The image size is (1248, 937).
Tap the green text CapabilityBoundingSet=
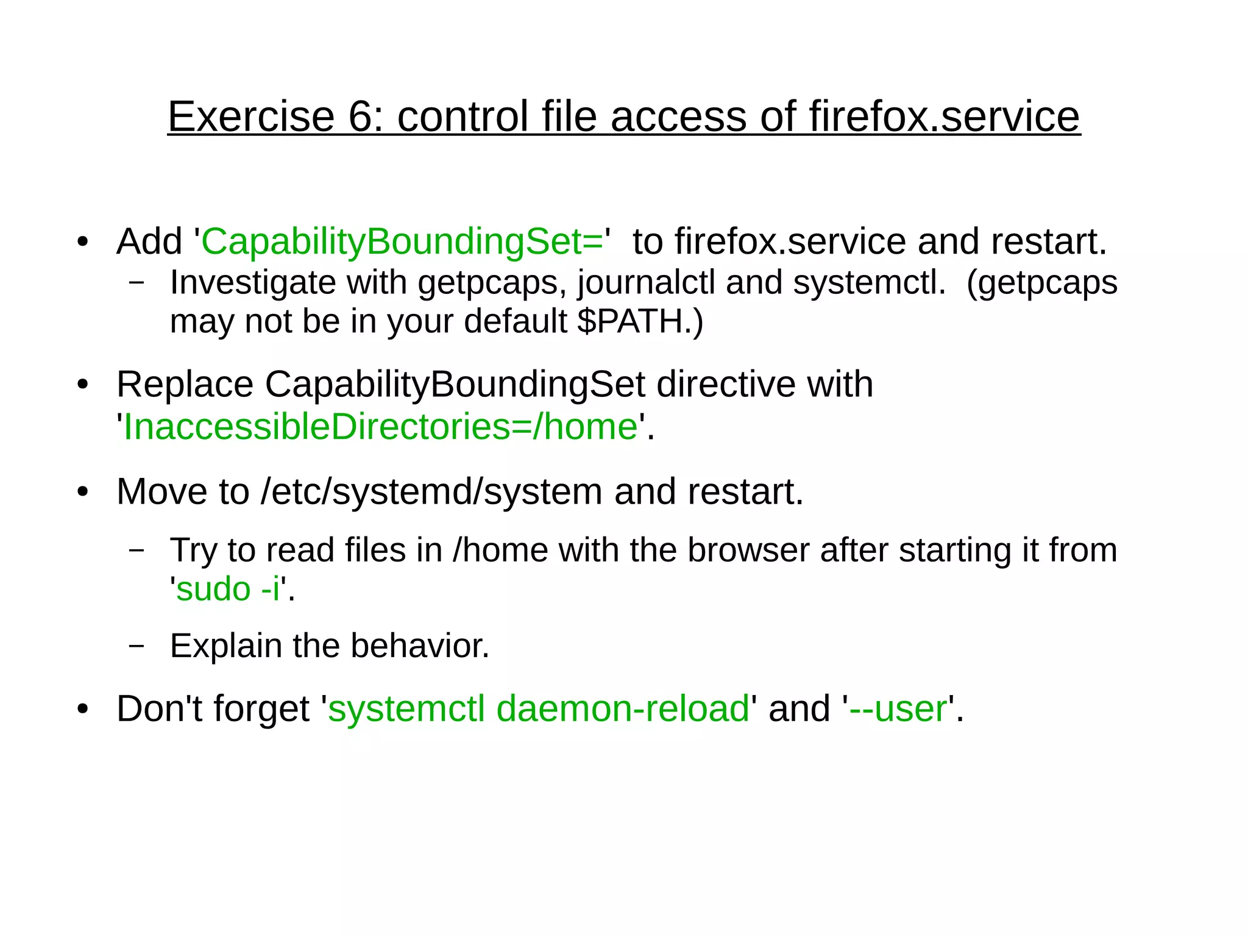pos(402,241)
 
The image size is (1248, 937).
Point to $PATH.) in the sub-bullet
pos(640,321)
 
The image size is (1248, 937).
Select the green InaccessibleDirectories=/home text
pos(380,426)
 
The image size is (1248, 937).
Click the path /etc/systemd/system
pos(431,491)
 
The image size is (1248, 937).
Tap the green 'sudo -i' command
pos(229,589)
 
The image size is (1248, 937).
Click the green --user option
pos(898,709)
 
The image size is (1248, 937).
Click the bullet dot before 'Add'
pos(83,242)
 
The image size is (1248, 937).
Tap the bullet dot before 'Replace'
pos(83,385)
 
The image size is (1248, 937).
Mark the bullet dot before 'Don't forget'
pos(83,710)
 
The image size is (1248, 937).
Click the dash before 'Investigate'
pos(137,283)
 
